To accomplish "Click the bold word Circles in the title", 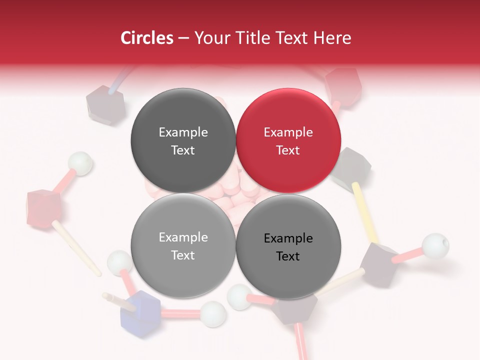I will [x=146, y=38].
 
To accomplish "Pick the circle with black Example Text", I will [x=288, y=246].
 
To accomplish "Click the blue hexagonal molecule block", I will [x=140, y=312].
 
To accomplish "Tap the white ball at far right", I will [x=435, y=246].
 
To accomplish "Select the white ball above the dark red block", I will [x=80, y=163].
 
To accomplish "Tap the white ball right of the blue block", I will [x=213, y=313].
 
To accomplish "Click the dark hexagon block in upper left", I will [x=105, y=104].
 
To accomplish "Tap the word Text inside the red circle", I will [x=288, y=150].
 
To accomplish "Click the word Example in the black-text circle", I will [x=288, y=238].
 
